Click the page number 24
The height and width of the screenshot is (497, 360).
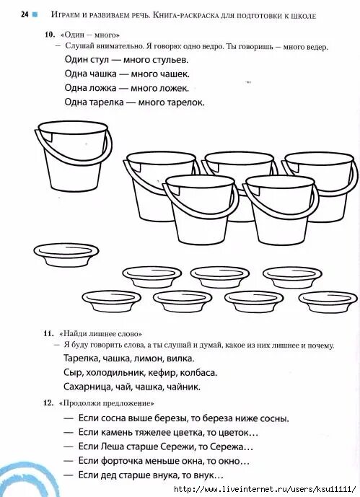(25, 14)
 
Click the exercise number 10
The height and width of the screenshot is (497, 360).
(49, 35)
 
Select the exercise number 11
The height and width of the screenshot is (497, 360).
(48, 333)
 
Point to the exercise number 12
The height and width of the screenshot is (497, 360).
(48, 403)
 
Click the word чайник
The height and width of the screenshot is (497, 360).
(180, 387)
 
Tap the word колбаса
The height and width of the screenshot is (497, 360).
(198, 372)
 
